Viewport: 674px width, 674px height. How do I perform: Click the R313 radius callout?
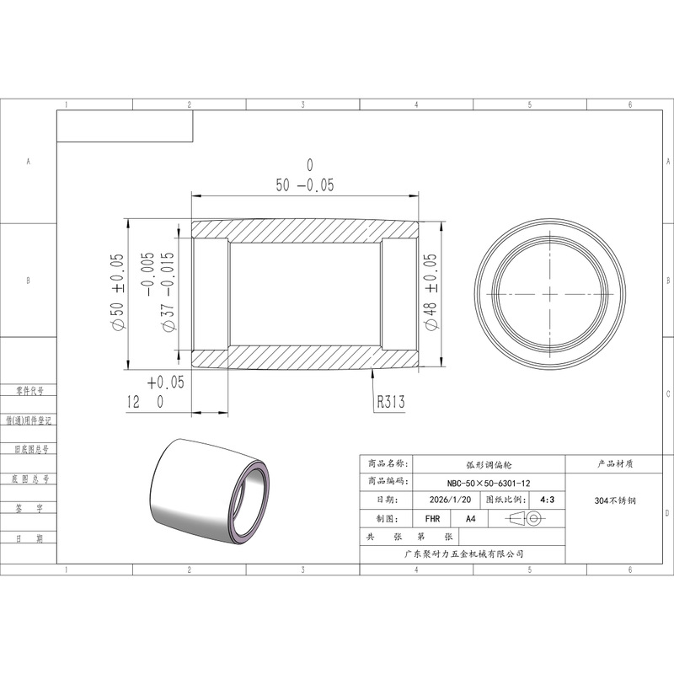point(391,402)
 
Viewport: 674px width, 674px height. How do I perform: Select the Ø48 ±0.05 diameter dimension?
point(431,292)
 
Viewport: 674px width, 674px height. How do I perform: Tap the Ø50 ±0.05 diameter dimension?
point(118,292)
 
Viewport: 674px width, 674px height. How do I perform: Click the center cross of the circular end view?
point(550,294)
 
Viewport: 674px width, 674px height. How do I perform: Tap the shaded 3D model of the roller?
point(209,492)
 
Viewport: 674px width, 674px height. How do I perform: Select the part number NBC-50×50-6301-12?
point(489,483)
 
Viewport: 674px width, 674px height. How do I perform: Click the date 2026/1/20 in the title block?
point(450,500)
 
